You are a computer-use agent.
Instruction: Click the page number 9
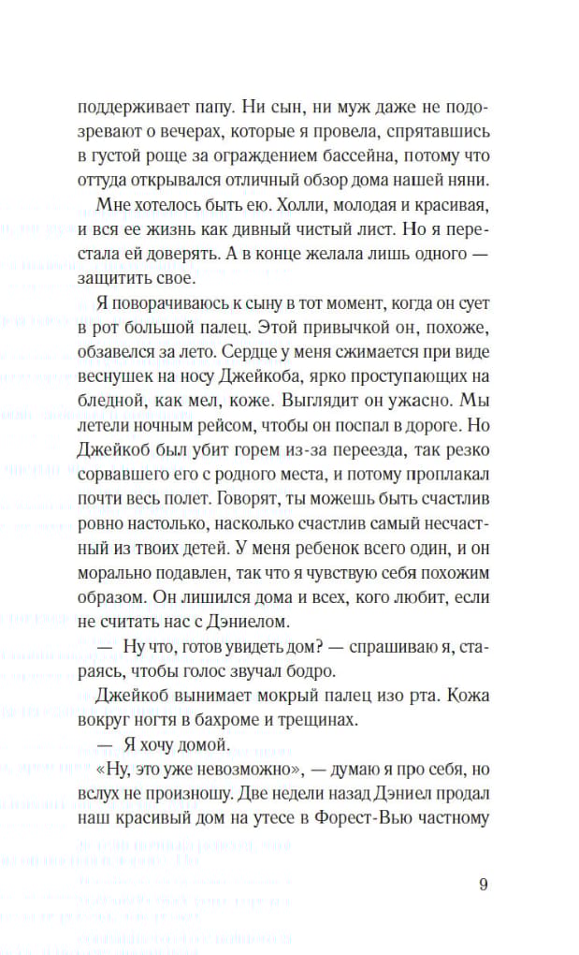[x=483, y=885]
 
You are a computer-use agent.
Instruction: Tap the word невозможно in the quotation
[x=261, y=769]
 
